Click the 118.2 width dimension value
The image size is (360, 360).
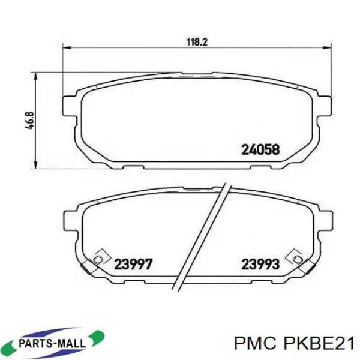(197, 42)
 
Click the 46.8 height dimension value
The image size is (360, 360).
(30, 121)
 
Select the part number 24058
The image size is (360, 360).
(260, 149)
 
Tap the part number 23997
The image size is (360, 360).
(133, 264)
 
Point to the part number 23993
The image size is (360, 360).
(260, 264)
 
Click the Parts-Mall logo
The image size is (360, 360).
(55, 343)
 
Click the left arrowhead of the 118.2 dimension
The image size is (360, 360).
(67, 48)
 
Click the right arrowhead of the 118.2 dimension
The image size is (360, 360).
(327, 48)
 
